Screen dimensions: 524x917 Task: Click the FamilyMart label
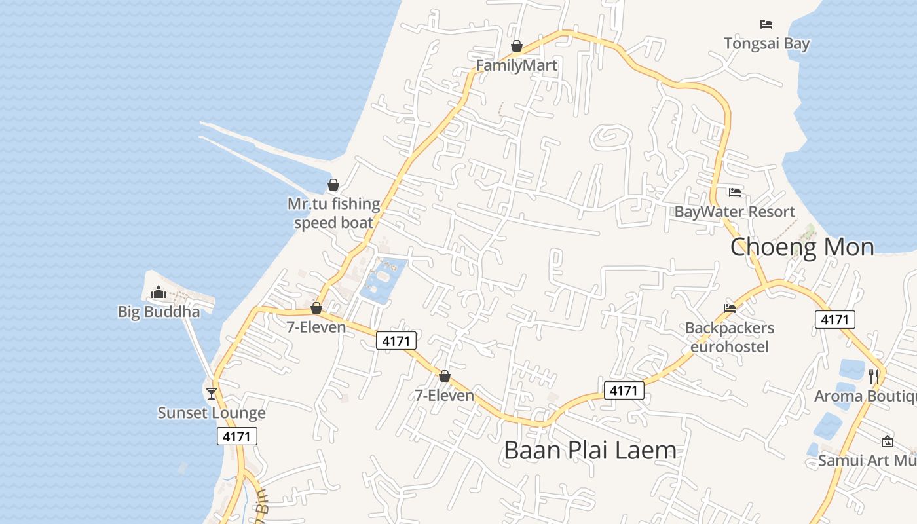coord(516,65)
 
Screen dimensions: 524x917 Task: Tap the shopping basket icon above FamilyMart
coord(517,46)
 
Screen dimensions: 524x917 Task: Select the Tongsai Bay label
coord(766,44)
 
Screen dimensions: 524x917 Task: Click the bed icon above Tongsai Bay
coord(766,24)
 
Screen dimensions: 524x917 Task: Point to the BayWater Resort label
coord(734,212)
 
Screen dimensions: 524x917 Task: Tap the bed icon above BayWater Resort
coord(735,193)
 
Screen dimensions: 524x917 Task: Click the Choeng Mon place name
coord(802,247)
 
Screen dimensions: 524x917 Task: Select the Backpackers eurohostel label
coord(729,337)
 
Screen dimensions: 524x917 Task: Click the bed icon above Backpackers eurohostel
coord(730,308)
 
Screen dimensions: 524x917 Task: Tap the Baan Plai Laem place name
coord(589,450)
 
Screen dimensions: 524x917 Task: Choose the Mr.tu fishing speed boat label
coord(334,213)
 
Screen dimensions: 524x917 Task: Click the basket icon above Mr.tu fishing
coord(333,185)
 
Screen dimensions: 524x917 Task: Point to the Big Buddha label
coord(159,312)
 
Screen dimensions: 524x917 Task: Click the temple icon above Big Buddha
coord(159,292)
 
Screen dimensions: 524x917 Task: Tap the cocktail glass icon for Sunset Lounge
coord(212,393)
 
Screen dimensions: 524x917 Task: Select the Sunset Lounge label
coord(212,413)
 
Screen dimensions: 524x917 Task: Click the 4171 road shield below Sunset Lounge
coord(237,436)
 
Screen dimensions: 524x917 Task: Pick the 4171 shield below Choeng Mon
coord(835,320)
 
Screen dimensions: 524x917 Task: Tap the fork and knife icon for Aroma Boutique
coord(874,376)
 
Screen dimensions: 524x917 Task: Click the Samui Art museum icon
coord(888,441)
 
